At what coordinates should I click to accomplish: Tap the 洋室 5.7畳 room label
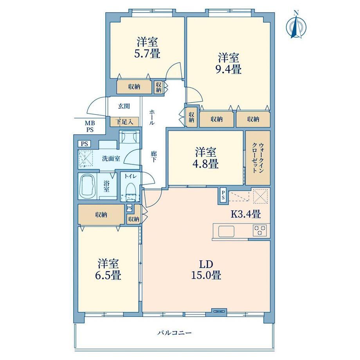147,48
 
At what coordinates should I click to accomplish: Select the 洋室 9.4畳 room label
229,63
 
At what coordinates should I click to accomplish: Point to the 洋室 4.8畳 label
205,158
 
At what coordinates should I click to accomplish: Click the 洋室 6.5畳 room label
108,270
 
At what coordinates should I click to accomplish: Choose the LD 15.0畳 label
206,270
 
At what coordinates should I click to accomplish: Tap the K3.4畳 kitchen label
245,214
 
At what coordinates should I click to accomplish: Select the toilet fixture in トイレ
130,190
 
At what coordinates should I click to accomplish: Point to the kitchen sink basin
226,231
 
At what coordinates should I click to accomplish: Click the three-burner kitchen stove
260,230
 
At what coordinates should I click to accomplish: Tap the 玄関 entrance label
124,106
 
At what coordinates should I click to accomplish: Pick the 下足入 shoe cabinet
124,122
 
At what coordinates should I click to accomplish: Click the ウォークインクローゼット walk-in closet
258,158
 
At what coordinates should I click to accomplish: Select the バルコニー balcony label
175,333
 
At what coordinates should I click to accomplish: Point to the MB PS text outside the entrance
90,126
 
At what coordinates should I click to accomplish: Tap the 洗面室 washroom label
111,158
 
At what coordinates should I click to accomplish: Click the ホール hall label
152,117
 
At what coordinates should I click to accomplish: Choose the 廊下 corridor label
153,157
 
